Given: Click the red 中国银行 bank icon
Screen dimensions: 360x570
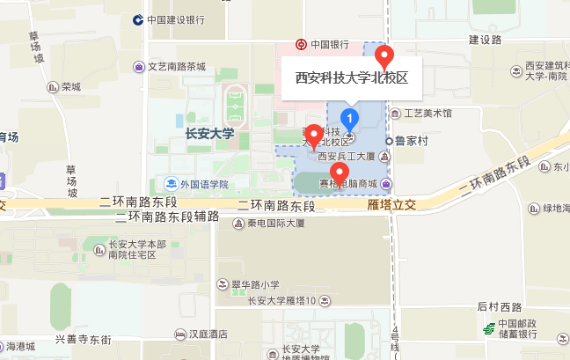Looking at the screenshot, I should click(x=301, y=44).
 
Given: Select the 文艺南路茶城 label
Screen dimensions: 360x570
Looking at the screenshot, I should click(x=175, y=67).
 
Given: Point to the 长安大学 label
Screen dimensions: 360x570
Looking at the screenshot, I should click(x=210, y=134).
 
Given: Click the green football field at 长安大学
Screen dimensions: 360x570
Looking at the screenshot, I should click(x=235, y=105).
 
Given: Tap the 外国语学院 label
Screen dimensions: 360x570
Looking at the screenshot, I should click(x=203, y=185).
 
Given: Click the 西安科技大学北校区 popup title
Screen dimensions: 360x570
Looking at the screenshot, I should click(x=351, y=77).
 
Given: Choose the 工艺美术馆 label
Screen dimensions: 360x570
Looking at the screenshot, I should click(x=427, y=114).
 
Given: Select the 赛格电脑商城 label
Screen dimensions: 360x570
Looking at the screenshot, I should click(x=352, y=184).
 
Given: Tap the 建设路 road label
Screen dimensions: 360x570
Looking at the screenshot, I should click(x=485, y=40).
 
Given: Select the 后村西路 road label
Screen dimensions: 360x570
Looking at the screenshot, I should click(x=500, y=307).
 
